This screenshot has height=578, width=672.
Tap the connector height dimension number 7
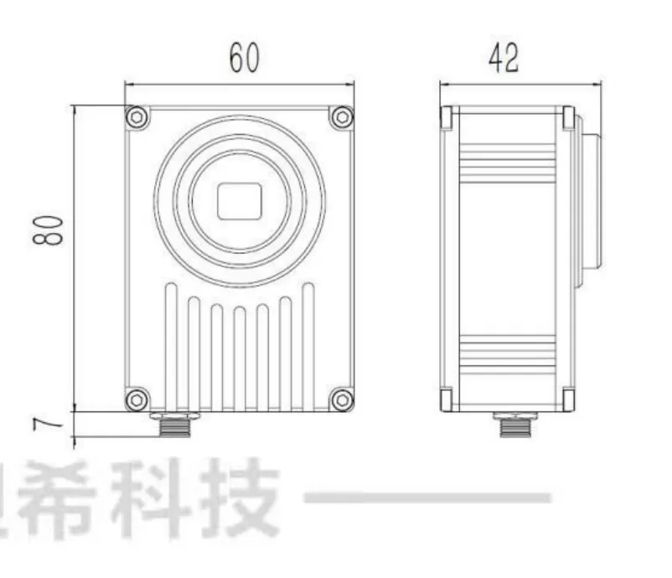pyautogui.click(x=51, y=425)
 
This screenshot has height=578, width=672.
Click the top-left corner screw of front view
pyautogui.click(x=137, y=117)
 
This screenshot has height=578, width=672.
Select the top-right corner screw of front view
pyautogui.click(x=341, y=117)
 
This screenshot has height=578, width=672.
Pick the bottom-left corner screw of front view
pyautogui.click(x=137, y=400)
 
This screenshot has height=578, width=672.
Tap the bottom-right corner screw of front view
pyautogui.click(x=341, y=400)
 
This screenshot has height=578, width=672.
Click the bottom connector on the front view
pyautogui.click(x=174, y=424)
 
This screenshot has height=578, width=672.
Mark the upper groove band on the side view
pyautogui.click(x=508, y=163)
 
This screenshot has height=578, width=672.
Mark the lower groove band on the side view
pyautogui.click(x=508, y=356)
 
